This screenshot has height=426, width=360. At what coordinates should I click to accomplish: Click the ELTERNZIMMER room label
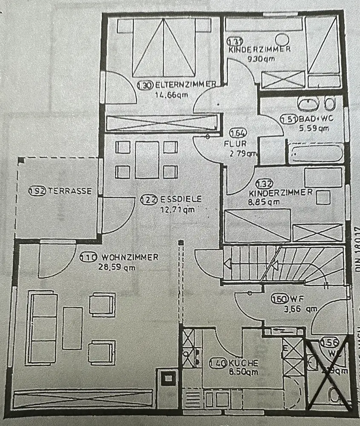click(x=185, y=85)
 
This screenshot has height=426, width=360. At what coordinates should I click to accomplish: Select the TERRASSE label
click(x=69, y=191)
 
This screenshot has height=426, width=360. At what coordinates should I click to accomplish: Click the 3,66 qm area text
click(x=301, y=309)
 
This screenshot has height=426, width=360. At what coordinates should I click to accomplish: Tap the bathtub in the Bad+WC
click(x=316, y=154)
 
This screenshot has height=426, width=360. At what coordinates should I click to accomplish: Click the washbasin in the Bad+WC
click(x=307, y=103)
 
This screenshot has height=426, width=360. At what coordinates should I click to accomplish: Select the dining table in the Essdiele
click(x=147, y=160)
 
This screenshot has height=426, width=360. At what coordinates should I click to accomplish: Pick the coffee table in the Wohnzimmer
click(x=72, y=327)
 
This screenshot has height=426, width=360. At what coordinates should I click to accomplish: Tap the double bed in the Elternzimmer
click(x=164, y=47)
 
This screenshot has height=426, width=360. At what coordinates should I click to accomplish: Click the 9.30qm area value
click(x=261, y=59)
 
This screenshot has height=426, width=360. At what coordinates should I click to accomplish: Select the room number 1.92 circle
click(x=37, y=191)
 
